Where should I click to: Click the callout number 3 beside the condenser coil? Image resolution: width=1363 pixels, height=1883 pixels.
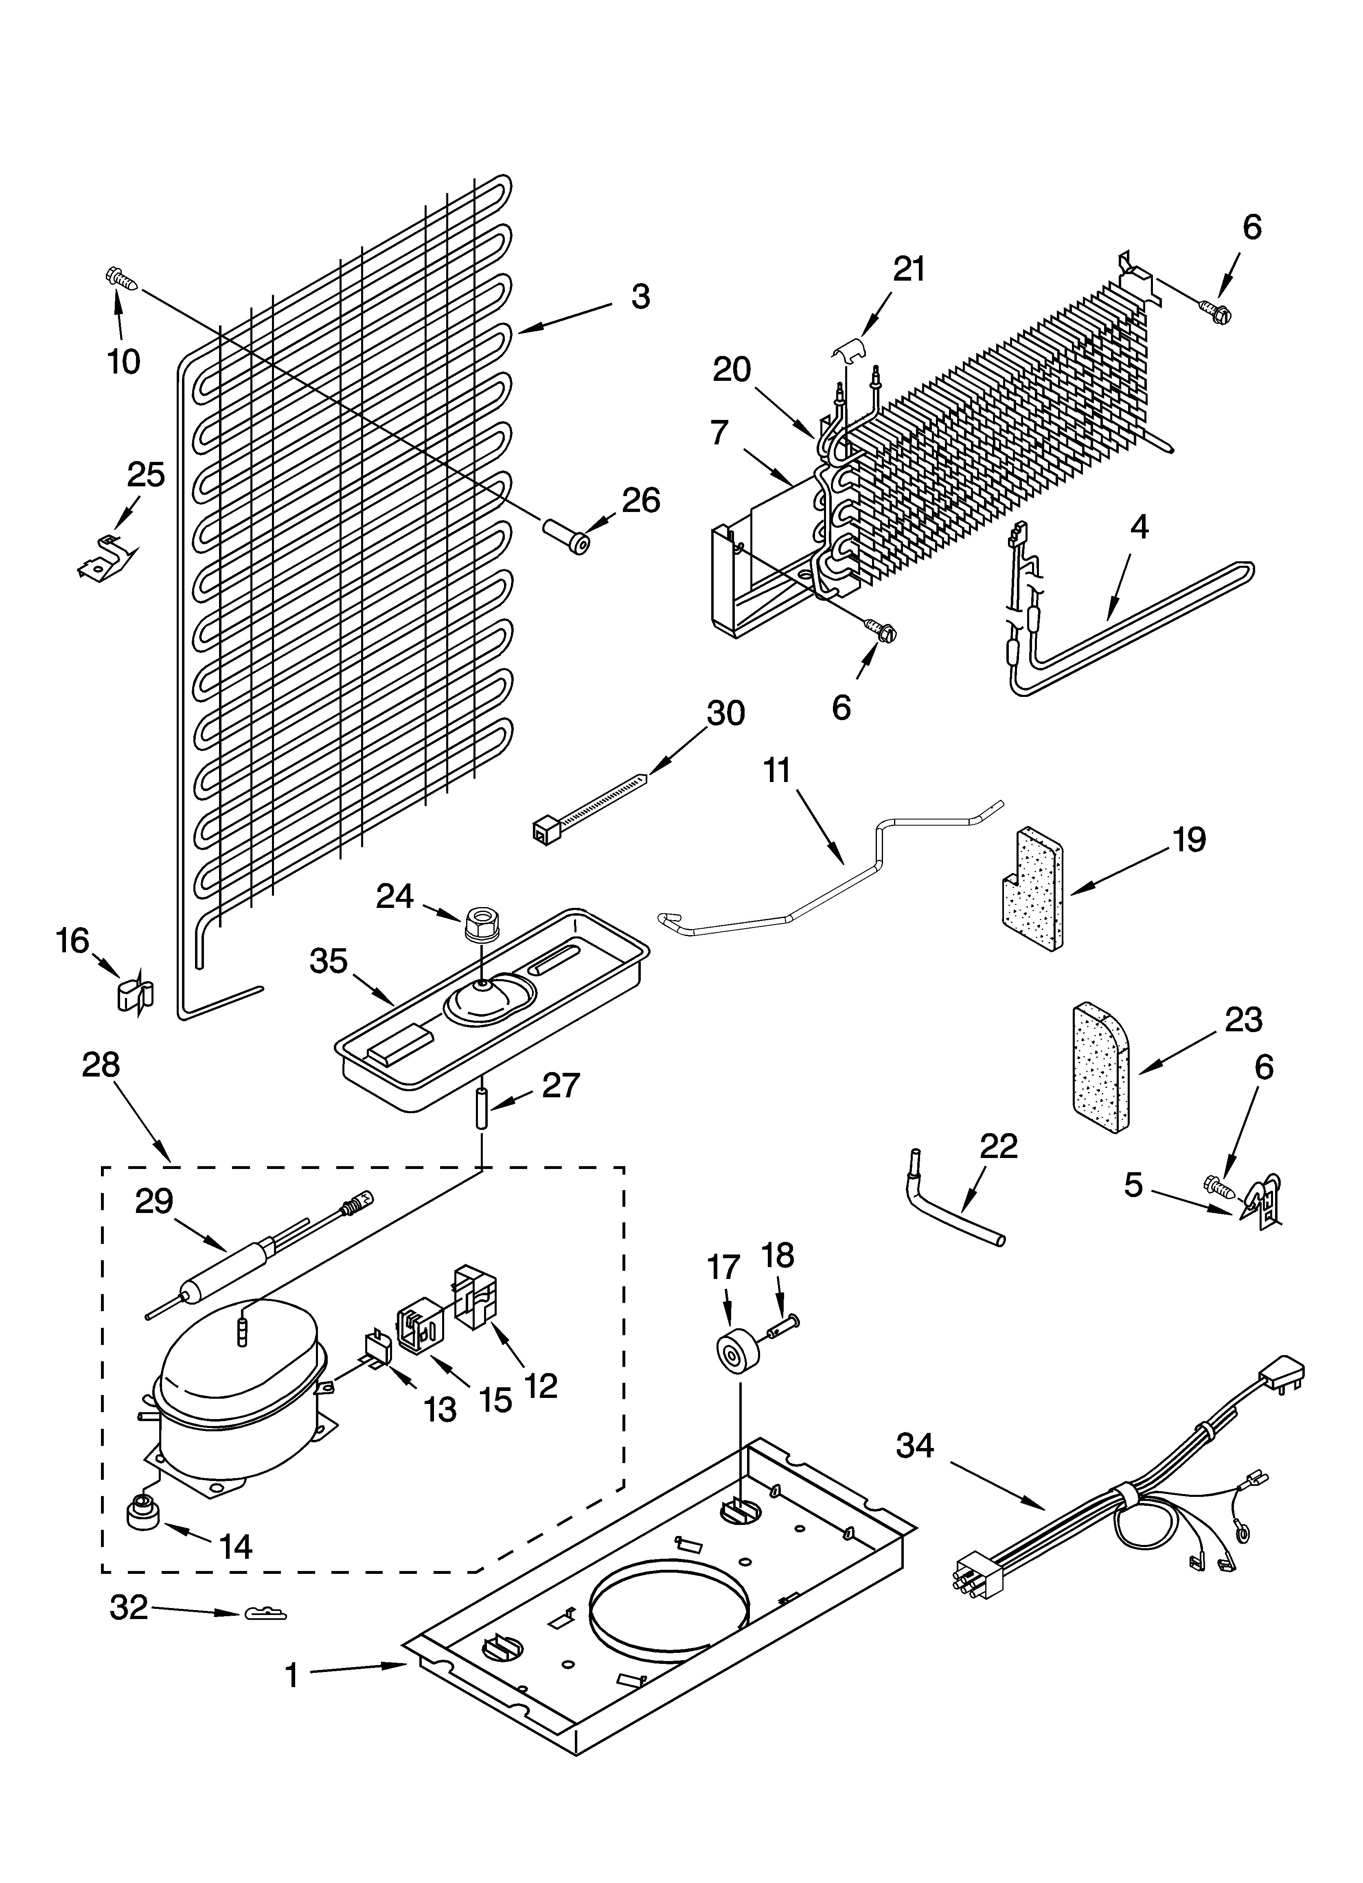tap(640, 297)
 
